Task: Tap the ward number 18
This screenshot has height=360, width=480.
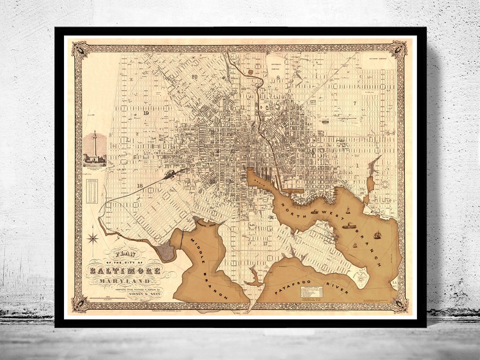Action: [140, 186]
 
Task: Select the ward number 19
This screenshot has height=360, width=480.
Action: [146, 113]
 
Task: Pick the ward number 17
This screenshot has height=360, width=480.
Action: [265, 243]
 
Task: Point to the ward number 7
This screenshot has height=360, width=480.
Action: [355, 103]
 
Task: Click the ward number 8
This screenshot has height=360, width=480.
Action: [278, 77]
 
